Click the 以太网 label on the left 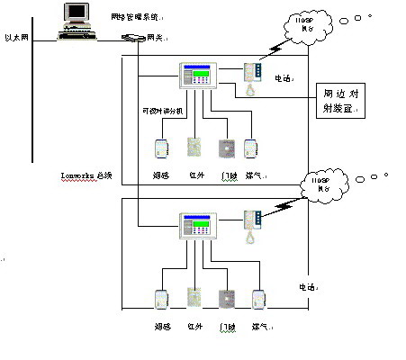click(x=17, y=37)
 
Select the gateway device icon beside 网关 click(x=132, y=38)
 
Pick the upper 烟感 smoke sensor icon click(x=162, y=147)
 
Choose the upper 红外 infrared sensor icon click(x=194, y=147)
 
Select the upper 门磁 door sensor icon click(x=227, y=148)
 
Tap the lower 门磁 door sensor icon click(x=227, y=300)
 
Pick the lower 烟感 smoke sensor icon click(x=162, y=300)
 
